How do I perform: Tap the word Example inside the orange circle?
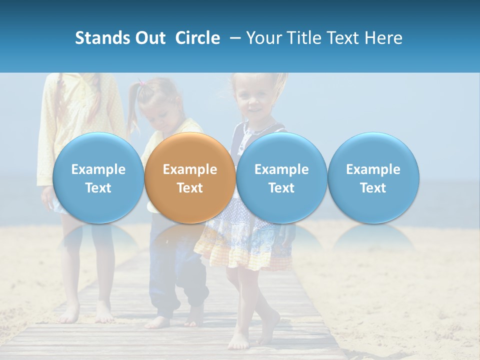tap(189, 169)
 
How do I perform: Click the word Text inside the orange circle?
tap(189, 188)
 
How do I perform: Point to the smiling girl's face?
tap(253, 100)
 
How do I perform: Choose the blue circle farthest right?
tap(373, 177)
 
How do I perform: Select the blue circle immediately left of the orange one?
tap(98, 177)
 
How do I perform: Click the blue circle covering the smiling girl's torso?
tap(281, 177)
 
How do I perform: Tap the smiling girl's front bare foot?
tap(239, 340)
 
